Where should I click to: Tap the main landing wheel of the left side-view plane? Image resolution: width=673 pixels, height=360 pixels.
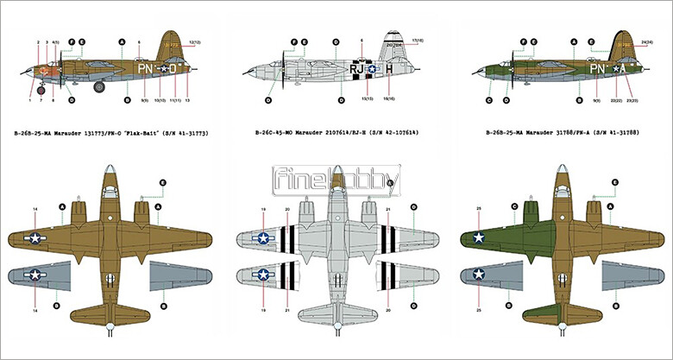point(100,85)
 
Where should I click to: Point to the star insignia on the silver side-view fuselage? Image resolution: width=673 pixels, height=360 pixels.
point(372,68)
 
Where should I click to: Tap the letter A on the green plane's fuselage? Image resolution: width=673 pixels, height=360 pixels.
point(620,67)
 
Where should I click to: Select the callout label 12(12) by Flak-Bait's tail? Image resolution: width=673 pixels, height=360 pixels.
point(195,41)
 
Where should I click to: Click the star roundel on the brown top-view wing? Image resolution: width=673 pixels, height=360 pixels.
point(35,237)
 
